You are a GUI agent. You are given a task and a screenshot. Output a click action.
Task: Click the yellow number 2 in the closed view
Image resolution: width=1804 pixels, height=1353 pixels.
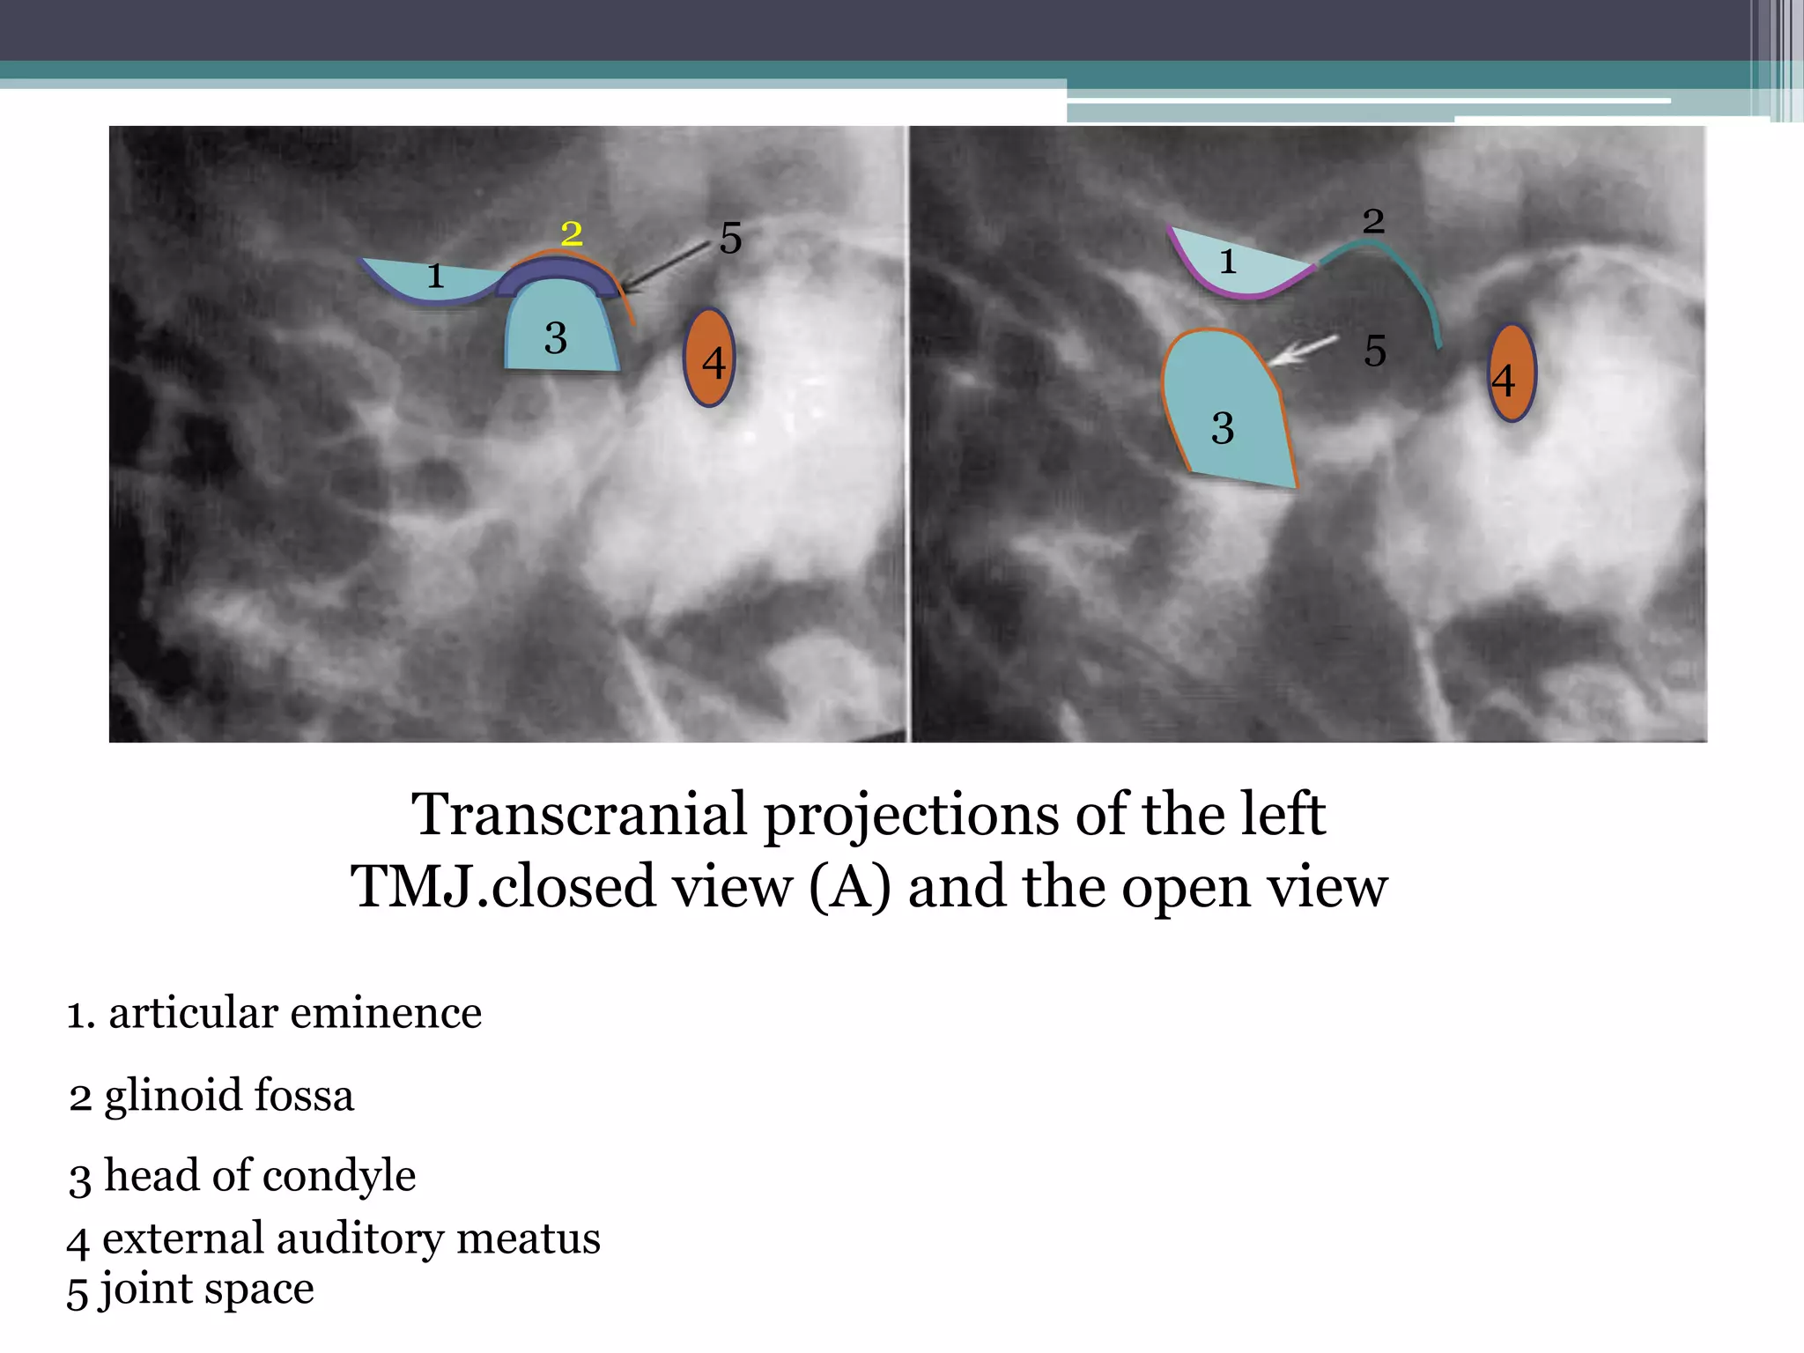pos(572,233)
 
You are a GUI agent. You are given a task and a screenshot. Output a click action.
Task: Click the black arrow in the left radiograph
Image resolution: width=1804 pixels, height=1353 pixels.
pos(664,267)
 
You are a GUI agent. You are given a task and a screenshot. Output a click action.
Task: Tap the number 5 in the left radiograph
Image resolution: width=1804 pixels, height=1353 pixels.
pos(731,238)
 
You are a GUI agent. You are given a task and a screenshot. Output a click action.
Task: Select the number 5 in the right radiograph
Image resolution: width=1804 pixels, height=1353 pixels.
pos(1375,351)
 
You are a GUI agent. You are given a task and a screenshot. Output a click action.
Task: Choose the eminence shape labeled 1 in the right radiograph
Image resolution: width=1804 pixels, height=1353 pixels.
pos(1238,264)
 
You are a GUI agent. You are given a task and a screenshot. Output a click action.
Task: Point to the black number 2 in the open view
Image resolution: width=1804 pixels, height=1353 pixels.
pos(1373,221)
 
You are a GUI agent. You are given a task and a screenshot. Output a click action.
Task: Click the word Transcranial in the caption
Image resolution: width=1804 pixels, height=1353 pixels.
pos(578,815)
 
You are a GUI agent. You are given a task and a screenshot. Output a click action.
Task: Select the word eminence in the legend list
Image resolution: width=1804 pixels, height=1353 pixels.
pos(386,1013)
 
